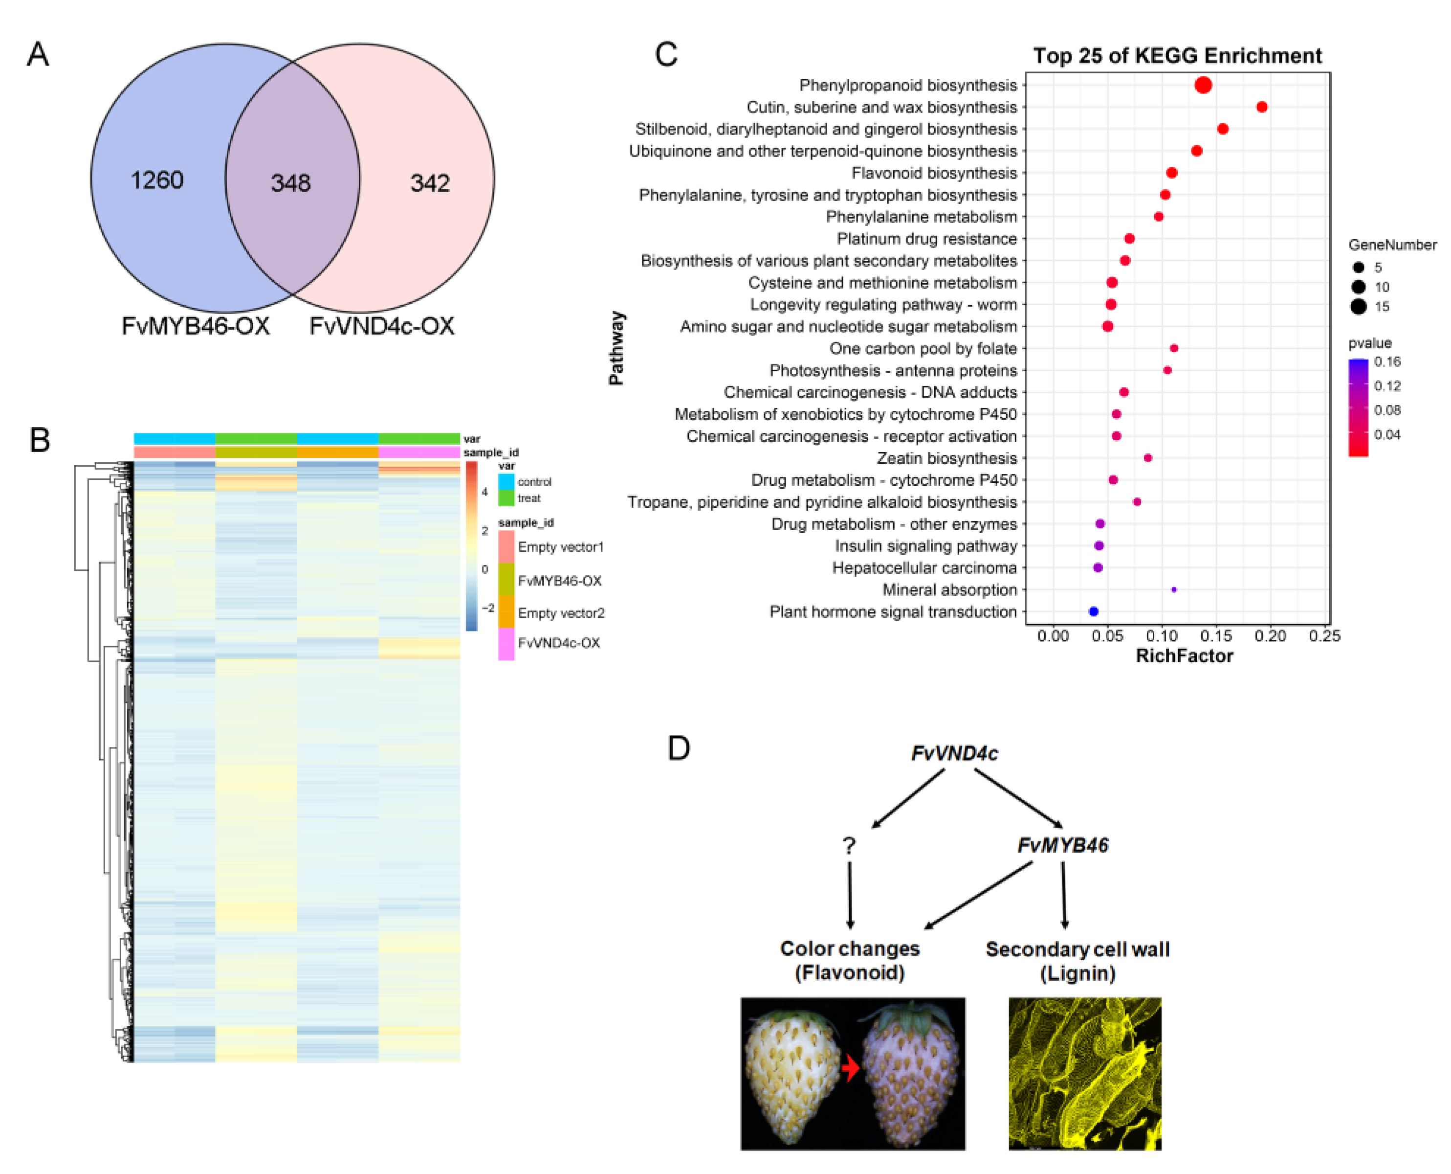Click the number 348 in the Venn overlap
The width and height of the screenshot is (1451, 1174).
point(290,182)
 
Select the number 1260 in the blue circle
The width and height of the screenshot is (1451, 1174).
point(157,180)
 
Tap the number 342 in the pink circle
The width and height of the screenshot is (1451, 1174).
point(430,182)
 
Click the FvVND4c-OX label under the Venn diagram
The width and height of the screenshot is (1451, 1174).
point(382,326)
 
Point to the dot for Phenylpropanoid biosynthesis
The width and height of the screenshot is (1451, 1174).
point(1203,85)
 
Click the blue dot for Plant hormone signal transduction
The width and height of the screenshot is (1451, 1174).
point(1094,611)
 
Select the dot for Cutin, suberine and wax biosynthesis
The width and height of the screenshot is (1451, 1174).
point(1262,107)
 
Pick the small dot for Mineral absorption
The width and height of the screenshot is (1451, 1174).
point(1174,590)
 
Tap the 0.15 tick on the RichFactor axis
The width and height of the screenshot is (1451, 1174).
point(1216,636)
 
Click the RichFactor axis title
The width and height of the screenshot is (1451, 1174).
point(1184,656)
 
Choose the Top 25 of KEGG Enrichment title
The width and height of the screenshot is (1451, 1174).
point(1177,55)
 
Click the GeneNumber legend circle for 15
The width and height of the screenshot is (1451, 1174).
point(1359,307)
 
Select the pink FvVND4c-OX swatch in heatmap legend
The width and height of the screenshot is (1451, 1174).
point(506,644)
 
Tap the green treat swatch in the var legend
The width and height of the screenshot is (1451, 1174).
point(506,498)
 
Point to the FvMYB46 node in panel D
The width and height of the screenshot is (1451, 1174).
point(1062,845)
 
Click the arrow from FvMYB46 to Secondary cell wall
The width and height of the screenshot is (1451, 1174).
point(1064,896)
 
